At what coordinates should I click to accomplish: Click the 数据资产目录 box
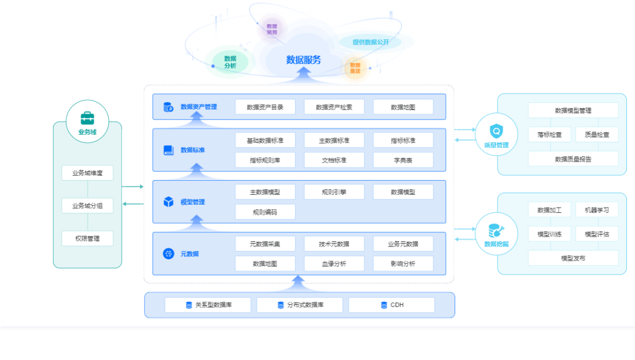(x=265, y=107)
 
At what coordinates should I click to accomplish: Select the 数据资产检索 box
(x=334, y=107)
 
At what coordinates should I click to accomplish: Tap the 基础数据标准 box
(x=265, y=141)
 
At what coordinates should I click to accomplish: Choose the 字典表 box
(x=403, y=160)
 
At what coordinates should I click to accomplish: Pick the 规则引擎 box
(x=334, y=192)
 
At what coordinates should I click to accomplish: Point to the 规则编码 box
(x=265, y=212)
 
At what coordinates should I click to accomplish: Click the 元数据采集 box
(x=265, y=244)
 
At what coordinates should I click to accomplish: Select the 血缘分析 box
(x=334, y=264)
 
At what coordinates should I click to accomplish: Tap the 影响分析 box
(x=403, y=264)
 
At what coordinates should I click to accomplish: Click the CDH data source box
(x=392, y=305)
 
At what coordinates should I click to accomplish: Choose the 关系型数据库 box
(x=208, y=305)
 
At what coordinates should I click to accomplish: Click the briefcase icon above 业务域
(x=87, y=117)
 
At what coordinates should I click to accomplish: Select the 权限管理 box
(x=87, y=238)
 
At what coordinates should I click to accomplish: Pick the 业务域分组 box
(x=87, y=206)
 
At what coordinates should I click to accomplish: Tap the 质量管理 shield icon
(x=496, y=131)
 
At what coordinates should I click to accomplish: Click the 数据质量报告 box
(x=573, y=159)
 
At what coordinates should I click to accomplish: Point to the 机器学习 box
(x=597, y=209)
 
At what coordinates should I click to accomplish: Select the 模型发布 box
(x=573, y=258)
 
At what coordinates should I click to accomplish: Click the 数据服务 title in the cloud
(x=303, y=59)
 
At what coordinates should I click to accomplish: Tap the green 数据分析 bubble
(x=230, y=62)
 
